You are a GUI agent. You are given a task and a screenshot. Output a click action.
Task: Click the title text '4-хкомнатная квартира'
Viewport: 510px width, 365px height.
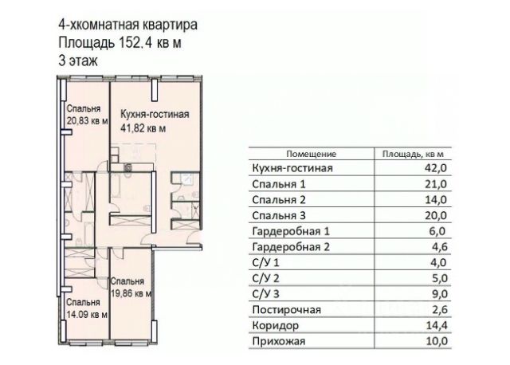pos(127,25)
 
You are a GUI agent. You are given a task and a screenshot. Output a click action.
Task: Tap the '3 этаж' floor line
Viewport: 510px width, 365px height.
pos(78,61)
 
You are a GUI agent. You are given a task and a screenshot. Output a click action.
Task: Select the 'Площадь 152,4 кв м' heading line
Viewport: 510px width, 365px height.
pos(120,42)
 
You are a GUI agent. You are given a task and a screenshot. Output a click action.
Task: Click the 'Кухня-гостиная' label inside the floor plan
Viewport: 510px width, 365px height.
pos(155,114)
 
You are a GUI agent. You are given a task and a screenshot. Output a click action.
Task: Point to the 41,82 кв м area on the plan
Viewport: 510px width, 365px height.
pos(143,128)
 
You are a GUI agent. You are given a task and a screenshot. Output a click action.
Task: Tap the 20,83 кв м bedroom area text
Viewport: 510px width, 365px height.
pos(87,121)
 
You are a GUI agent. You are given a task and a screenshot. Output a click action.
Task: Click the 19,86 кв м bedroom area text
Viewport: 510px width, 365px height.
pos(131,294)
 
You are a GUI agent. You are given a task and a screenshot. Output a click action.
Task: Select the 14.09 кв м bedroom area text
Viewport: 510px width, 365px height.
pos(87,315)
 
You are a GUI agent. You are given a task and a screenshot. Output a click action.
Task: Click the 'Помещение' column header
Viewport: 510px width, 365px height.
pos(312,154)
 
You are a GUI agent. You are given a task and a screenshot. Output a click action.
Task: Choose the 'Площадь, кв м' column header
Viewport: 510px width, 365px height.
pos(413,154)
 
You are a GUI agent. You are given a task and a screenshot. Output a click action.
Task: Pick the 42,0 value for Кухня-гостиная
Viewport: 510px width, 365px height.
pos(436,168)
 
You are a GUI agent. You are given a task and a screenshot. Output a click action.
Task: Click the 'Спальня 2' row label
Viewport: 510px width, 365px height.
pos(279,200)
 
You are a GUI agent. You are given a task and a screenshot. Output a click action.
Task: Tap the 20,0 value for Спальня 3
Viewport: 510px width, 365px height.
pos(436,215)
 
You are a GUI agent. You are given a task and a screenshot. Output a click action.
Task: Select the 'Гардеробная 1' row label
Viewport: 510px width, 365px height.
pos(291,231)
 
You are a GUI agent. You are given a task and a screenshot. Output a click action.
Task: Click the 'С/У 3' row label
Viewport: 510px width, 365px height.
pos(265,294)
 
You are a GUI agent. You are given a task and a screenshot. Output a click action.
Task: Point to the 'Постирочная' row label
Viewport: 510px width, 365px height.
pos(287,310)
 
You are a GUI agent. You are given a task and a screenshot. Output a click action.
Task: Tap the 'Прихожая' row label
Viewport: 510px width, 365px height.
pos(279,341)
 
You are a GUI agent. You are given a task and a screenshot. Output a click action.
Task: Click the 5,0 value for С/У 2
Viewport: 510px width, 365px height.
pos(439,278)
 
